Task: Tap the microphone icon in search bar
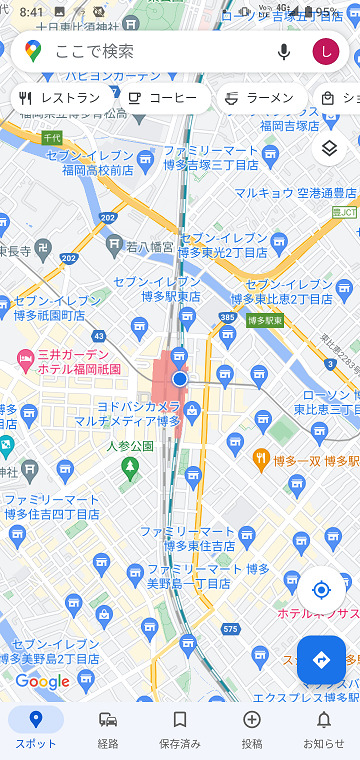point(284,51)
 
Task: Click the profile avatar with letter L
point(325,51)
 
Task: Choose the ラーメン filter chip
point(259,98)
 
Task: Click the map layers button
point(330,149)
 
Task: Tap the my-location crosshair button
point(321,590)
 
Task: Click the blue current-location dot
point(180,379)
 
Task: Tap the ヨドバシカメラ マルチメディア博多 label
point(140,414)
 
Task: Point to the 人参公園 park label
point(128,447)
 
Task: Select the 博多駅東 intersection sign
point(265,320)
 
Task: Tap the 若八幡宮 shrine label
point(150,245)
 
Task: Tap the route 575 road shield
point(231,628)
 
